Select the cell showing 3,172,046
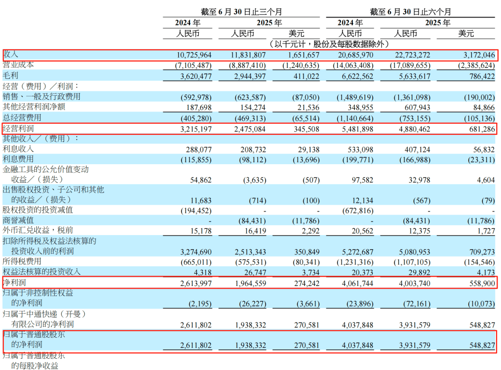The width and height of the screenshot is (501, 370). pyautogui.click(x=476, y=55)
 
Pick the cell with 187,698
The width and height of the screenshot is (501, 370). pyautogui.click(x=197, y=107)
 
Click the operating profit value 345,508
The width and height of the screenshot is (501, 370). pyautogui.click(x=303, y=129)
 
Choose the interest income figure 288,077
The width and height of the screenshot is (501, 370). pyautogui.click(x=197, y=149)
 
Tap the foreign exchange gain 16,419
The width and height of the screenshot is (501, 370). pyautogui.click(x=253, y=231)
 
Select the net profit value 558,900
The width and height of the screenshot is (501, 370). pyautogui.click(x=478, y=283)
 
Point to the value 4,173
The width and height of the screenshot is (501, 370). pyautogui.click(x=484, y=272)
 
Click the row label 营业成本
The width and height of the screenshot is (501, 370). pyautogui.click(x=19, y=65)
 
